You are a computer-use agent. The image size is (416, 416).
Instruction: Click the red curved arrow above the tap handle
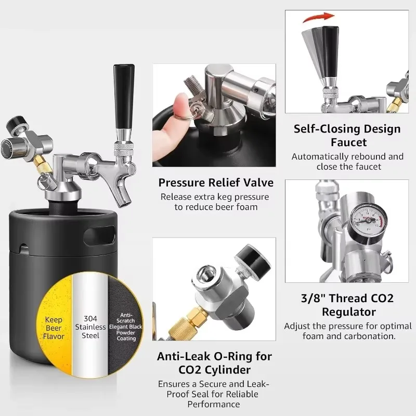(318, 18)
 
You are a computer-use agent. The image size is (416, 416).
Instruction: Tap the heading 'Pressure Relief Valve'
(216, 183)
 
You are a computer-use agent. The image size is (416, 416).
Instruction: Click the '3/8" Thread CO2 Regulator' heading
(347, 305)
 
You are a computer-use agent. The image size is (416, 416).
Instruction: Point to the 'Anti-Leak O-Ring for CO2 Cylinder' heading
(214, 362)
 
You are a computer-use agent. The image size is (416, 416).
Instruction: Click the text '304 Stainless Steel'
(90, 327)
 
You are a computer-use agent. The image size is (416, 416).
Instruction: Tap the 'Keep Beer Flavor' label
(54, 328)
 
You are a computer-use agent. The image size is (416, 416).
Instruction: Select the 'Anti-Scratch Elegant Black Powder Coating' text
(126, 327)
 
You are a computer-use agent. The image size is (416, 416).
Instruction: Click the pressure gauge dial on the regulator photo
(368, 218)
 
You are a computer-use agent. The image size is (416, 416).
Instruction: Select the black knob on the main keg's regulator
(15, 124)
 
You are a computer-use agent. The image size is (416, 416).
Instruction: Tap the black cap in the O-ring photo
(253, 258)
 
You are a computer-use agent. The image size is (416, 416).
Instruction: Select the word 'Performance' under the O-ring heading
(214, 404)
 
